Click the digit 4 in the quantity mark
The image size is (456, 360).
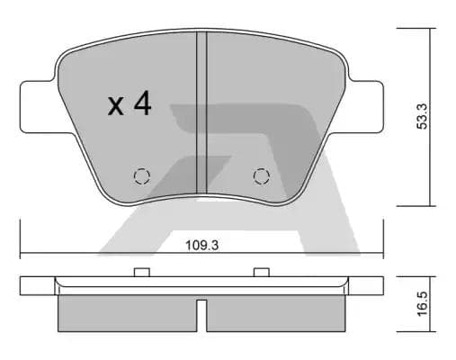pos(141,104)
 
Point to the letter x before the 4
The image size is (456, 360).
pos(116,107)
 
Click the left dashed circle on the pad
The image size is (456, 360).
pos(141,175)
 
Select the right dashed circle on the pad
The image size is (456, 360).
pos(261,175)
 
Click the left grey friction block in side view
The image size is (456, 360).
pos(126,312)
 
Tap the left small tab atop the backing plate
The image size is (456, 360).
pos(140,273)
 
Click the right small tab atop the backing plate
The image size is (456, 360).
pos(262,273)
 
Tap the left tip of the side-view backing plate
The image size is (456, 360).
pos(22,285)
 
